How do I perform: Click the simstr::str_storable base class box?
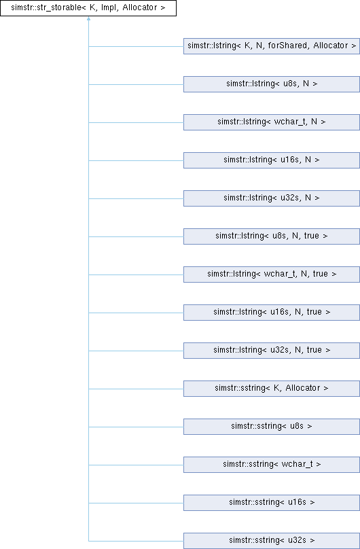point(88,8)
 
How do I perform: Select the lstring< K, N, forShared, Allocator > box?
point(272,46)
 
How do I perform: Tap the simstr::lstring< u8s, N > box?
point(272,84)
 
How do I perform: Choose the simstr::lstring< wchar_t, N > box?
point(272,122)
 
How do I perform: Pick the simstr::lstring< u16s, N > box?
point(272,160)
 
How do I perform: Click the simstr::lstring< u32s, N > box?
point(272,198)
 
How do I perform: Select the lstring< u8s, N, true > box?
point(272,236)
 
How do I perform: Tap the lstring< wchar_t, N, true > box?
point(272,274)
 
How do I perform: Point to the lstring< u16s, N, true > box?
point(272,313)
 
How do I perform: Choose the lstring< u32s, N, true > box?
point(272,351)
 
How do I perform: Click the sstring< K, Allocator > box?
point(272,389)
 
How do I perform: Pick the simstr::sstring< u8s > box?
point(272,427)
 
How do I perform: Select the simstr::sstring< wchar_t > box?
point(272,465)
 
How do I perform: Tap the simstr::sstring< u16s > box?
point(272,503)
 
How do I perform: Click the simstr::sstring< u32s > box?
point(272,541)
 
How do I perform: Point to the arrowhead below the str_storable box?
point(88,18)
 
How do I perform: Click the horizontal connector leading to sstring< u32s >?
point(136,542)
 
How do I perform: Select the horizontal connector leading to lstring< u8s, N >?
point(136,84)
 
